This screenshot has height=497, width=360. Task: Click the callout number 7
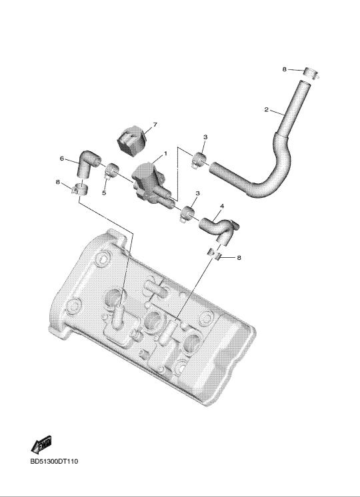click(x=155, y=125)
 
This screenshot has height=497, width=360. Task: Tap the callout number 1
click(x=165, y=154)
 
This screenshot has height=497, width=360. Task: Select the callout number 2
click(x=266, y=110)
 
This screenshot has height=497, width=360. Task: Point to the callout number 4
click(x=222, y=206)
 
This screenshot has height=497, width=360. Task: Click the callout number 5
click(x=104, y=193)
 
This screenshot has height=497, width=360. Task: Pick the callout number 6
click(x=62, y=158)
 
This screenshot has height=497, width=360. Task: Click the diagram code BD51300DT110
click(x=54, y=462)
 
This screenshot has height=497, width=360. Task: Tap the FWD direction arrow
click(x=41, y=444)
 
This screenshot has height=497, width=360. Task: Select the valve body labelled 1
click(x=151, y=184)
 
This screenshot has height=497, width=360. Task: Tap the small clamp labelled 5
click(x=111, y=170)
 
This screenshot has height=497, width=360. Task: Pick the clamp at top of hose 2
click(x=311, y=73)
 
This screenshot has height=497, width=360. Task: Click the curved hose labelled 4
click(x=219, y=228)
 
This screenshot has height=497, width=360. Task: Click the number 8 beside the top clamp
click(x=284, y=69)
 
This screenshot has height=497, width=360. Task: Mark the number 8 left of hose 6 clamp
click(x=57, y=183)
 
